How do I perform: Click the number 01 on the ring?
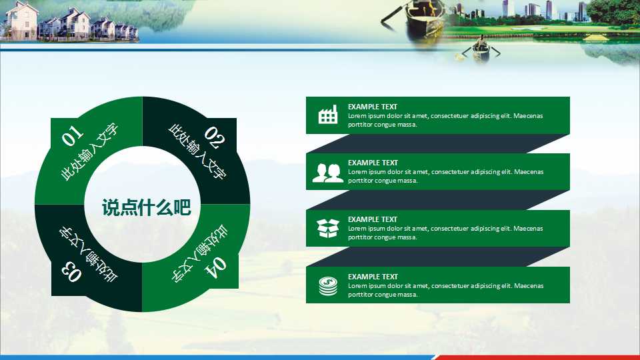tap(73, 135)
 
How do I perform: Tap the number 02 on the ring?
tap(215, 137)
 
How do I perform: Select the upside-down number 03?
tap(71, 271)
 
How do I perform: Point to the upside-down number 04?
tap(215, 268)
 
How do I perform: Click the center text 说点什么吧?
tap(146, 207)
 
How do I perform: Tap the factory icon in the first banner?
tap(328, 114)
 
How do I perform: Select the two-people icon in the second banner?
tap(327, 173)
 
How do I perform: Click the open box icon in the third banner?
tap(328, 228)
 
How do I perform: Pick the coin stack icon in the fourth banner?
tap(328, 286)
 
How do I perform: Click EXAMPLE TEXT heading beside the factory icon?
tap(372, 107)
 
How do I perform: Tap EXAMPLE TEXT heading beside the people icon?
tap(373, 163)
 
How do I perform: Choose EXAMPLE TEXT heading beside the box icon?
tap(372, 219)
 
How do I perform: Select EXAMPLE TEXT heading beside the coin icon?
tap(373, 276)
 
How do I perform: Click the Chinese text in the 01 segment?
tap(90, 152)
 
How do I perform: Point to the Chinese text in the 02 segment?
tap(197, 152)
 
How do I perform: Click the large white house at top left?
tap(21, 21)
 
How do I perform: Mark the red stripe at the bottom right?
tap(537, 357)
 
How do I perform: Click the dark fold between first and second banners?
tap(437, 144)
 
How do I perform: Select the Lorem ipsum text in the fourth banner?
tap(446, 290)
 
